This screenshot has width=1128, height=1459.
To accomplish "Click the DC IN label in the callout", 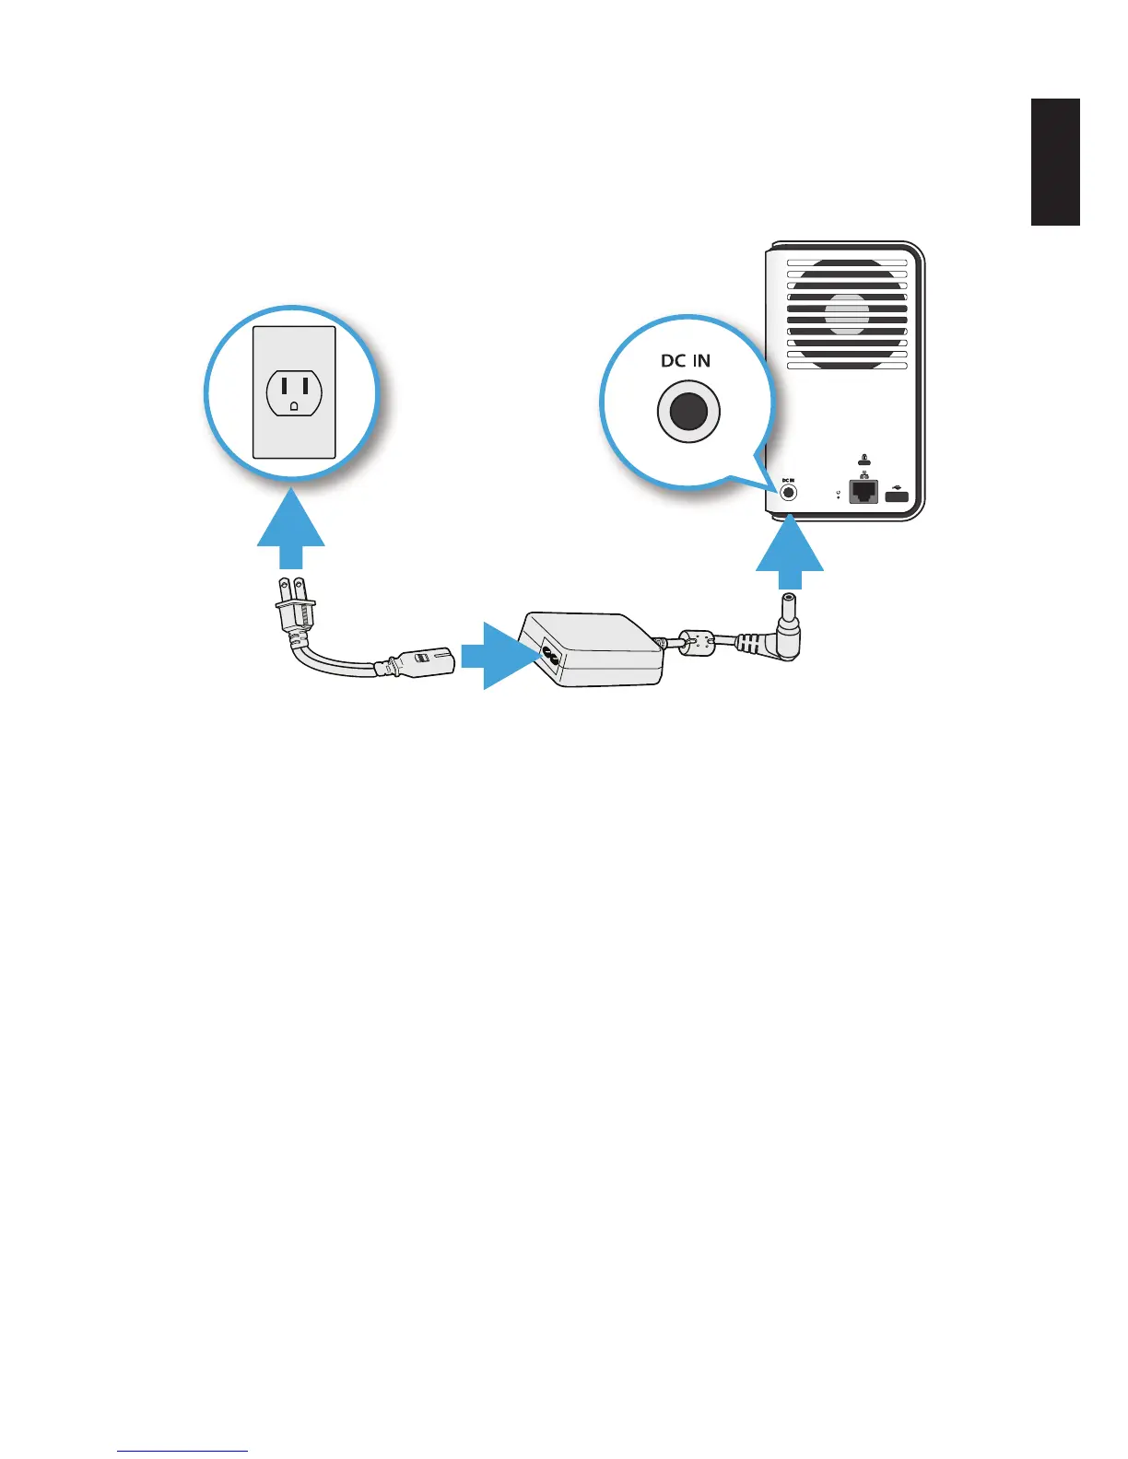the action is click(686, 360).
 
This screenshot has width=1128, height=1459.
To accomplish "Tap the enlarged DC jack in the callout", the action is click(688, 413).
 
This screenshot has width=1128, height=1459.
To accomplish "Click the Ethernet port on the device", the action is click(864, 491).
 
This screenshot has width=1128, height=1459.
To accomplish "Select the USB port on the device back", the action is click(897, 497).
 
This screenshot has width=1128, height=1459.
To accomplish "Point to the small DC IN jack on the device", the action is click(788, 492).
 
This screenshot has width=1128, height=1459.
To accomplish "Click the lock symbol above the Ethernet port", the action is click(864, 460).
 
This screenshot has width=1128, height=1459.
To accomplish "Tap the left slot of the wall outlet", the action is click(282, 384).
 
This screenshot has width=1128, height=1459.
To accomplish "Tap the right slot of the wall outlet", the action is click(305, 384).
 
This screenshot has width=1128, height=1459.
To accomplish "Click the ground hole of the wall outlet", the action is click(293, 405).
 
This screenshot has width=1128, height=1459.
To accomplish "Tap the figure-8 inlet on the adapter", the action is click(551, 657).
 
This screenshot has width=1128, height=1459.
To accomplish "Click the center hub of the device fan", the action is click(846, 313).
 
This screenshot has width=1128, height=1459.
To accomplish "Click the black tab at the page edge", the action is click(1055, 162).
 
